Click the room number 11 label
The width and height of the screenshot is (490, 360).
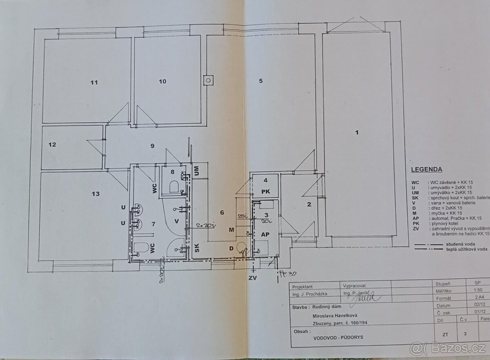(x=94, y=82)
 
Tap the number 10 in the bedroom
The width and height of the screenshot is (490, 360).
(x=163, y=81)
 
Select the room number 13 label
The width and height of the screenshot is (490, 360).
(x=96, y=194)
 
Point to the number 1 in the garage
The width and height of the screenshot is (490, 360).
(x=357, y=132)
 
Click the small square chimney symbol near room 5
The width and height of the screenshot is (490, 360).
(x=208, y=80)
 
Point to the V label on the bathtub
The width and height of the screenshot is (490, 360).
(x=176, y=221)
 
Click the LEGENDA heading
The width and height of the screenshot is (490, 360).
(x=426, y=169)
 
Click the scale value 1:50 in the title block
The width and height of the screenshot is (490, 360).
(x=477, y=291)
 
